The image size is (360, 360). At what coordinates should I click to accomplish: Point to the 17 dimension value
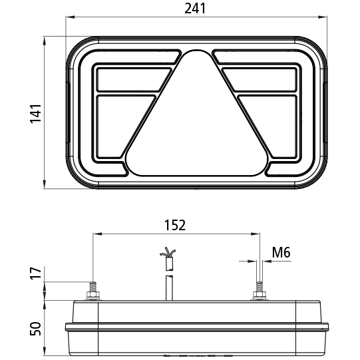37,273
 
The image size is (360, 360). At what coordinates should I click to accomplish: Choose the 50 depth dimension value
37,328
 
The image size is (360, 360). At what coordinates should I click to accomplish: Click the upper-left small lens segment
130,79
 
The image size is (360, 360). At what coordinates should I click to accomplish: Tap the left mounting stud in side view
92,291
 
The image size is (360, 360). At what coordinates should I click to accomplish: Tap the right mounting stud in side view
258,291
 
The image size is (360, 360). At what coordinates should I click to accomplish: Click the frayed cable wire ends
168,254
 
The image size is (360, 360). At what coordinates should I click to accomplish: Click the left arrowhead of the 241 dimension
68,19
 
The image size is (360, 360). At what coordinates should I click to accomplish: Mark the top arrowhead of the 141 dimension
45,39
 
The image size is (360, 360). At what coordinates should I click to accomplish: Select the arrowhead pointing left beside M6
266,262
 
